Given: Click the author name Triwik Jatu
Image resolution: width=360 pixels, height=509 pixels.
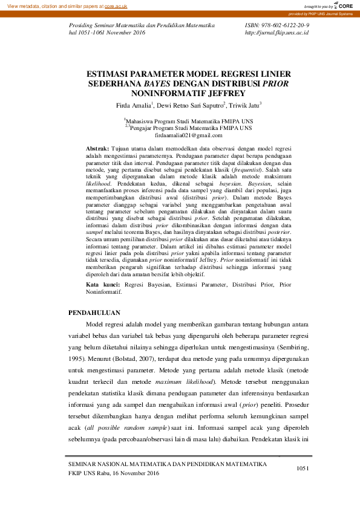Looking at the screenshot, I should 244,105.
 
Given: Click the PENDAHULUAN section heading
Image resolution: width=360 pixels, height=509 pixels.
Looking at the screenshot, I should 94,313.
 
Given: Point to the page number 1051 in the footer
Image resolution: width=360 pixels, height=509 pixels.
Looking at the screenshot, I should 303,468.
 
